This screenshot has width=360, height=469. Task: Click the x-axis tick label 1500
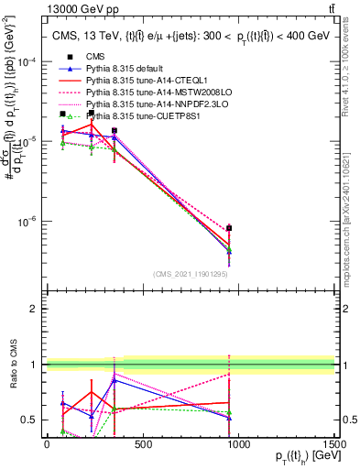pyautogui.click(x=334, y=444)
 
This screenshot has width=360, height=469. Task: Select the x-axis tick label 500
pyautogui.click(x=143, y=444)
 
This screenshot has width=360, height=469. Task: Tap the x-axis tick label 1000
pyautogui.click(x=238, y=444)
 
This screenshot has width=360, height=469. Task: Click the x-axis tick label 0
pyautogui.click(x=47, y=444)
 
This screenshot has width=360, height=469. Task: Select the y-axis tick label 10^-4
pyautogui.click(x=26, y=62)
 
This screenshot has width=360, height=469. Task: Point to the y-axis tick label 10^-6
pyautogui.click(x=26, y=222)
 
